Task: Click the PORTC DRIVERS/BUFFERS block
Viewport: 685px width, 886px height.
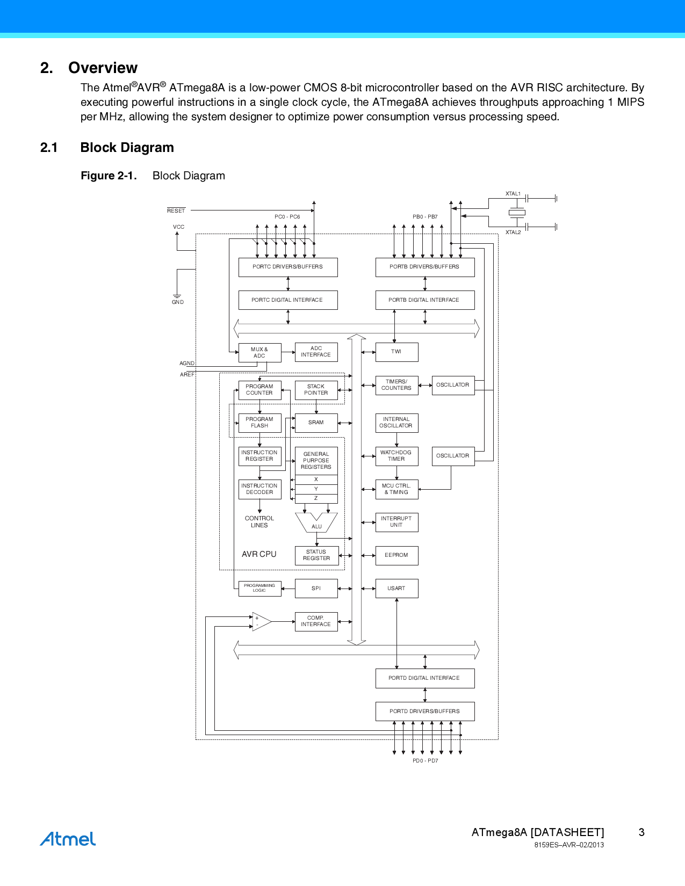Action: tap(288, 267)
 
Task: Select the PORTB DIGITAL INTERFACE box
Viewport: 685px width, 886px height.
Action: tap(424, 300)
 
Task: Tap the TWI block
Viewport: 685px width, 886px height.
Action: tap(396, 352)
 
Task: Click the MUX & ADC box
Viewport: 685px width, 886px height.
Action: tap(259, 353)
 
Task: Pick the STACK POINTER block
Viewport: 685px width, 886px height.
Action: tap(316, 390)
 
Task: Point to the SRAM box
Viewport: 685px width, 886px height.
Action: tap(316, 423)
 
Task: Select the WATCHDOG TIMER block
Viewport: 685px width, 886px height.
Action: tap(396, 456)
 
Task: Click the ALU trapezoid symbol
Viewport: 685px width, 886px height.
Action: tap(316, 522)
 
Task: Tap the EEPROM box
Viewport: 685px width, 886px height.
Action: tap(396, 555)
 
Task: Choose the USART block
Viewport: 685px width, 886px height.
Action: tap(396, 589)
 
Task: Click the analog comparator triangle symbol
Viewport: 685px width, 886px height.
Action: tap(261, 622)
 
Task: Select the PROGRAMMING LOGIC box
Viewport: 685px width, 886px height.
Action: tap(259, 589)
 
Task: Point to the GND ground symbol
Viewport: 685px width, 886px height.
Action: tap(177, 297)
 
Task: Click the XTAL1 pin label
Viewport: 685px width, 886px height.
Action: tap(513, 194)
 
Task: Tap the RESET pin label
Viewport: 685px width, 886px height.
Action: tap(176, 211)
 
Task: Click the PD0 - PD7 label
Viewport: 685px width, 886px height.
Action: tap(426, 761)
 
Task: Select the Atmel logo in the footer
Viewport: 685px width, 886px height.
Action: tap(68, 839)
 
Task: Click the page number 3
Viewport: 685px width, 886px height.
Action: tap(641, 832)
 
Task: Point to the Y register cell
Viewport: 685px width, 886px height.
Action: tap(316, 489)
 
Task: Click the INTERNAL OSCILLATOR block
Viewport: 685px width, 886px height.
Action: tap(396, 423)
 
